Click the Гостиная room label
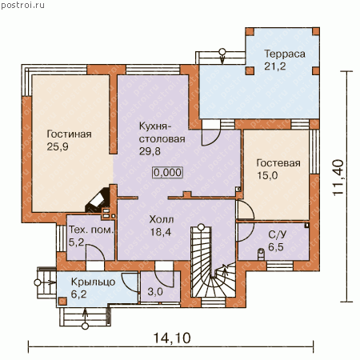click(69, 134)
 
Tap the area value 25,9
click(58, 146)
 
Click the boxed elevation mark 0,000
click(168, 173)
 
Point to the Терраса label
click(285, 54)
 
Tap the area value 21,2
click(275, 66)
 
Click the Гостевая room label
click(278, 163)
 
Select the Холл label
click(162, 220)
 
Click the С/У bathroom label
click(278, 234)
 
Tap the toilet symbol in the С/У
click(261, 254)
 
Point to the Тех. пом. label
click(91, 230)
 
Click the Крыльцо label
click(93, 282)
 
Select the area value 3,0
click(155, 291)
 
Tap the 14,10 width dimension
click(172, 338)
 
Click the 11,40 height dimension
click(338, 178)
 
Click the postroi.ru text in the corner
click(23, 6)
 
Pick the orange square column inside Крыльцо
click(62, 301)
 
